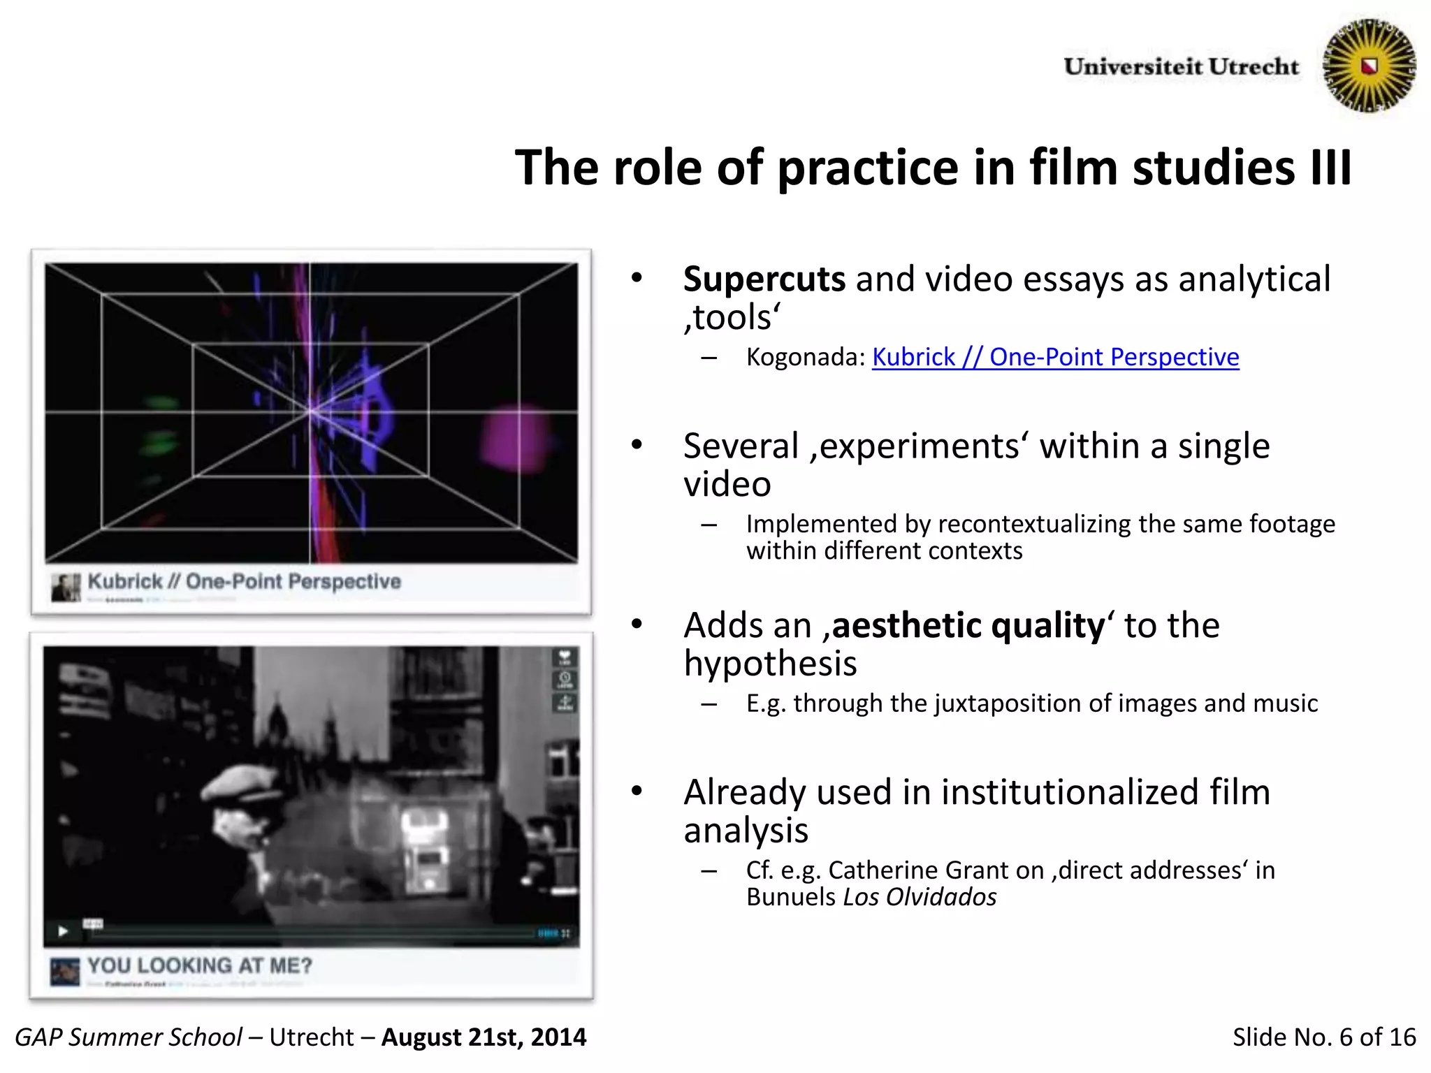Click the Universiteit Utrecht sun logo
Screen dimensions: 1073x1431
click(1369, 66)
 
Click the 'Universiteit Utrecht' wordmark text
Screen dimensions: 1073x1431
click(1181, 67)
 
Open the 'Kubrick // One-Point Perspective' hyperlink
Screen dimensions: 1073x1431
click(1055, 357)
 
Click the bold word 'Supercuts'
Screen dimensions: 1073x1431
click(764, 279)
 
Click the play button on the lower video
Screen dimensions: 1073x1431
click(63, 931)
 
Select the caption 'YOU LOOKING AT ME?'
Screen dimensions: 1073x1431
click(199, 965)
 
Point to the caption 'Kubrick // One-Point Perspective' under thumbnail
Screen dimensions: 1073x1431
click(244, 581)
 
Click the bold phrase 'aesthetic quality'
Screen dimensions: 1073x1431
click(968, 625)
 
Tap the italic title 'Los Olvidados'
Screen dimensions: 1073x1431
click(920, 897)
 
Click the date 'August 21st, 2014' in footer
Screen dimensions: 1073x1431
click(484, 1037)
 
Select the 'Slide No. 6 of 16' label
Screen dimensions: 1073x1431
click(1323, 1037)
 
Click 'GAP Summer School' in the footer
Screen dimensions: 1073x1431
click(129, 1037)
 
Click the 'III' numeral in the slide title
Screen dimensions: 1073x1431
click(1331, 168)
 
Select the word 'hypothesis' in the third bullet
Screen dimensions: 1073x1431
click(770, 664)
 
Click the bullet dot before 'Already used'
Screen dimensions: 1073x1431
click(637, 791)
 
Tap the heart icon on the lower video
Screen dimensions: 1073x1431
click(565, 657)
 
